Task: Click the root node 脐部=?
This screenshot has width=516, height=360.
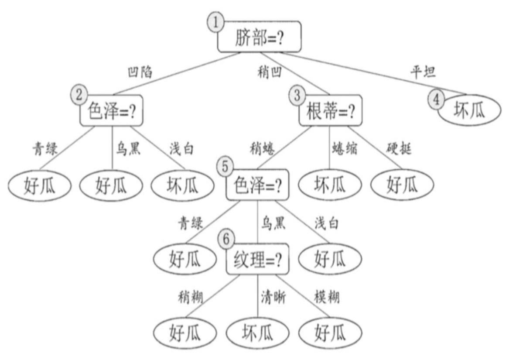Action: tap(259, 36)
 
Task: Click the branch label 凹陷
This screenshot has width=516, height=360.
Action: tap(140, 72)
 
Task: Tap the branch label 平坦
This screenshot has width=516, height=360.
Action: tap(423, 72)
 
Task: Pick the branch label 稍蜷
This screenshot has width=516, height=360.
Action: tap(263, 149)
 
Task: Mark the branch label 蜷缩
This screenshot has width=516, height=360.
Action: tap(345, 149)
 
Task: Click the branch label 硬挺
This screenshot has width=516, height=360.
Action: tap(399, 149)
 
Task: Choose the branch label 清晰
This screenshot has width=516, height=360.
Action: tap(273, 298)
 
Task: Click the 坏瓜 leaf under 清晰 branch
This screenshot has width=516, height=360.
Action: tap(257, 333)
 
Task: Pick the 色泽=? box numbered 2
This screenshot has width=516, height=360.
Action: tap(112, 111)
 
